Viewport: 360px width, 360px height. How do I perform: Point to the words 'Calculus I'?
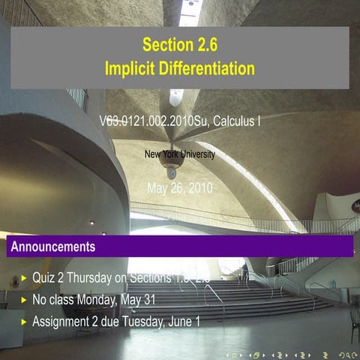[238, 120]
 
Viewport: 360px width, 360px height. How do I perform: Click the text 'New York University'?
[180, 154]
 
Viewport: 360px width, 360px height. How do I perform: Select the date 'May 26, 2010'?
[180, 187]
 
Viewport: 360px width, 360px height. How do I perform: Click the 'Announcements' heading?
[53, 246]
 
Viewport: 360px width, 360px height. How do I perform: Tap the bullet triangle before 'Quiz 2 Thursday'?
[24, 277]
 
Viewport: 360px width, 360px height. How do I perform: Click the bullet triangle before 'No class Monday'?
[24, 299]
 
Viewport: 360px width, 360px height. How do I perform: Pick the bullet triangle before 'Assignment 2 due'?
[24, 321]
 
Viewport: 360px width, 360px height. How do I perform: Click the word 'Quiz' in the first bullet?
[43, 277]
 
